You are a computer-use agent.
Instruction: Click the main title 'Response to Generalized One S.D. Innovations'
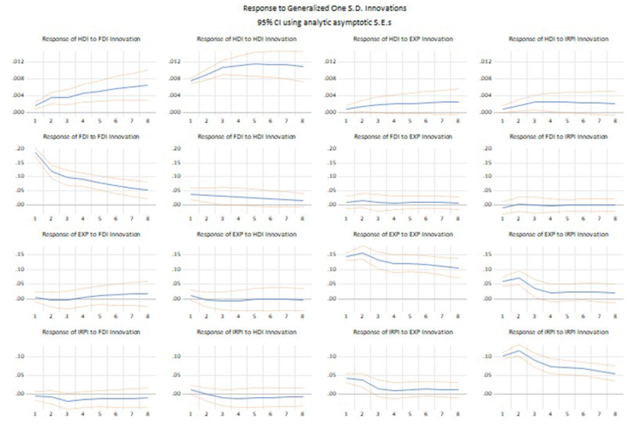click(x=325, y=8)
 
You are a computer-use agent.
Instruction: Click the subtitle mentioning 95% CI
click(x=325, y=22)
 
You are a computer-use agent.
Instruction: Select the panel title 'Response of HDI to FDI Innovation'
click(x=91, y=39)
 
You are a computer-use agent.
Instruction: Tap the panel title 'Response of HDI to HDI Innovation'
click(x=247, y=39)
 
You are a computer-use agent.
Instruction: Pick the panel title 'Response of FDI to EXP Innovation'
click(x=403, y=136)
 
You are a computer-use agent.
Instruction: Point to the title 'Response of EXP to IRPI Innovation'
click(x=559, y=234)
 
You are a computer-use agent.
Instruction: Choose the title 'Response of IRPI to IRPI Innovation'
click(x=559, y=332)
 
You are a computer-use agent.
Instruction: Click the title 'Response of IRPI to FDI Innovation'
click(x=91, y=332)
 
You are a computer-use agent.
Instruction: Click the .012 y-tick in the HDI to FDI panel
click(x=19, y=62)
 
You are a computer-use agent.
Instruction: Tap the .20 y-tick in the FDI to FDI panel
click(x=20, y=148)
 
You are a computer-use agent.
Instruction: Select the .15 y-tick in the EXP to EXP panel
click(x=331, y=254)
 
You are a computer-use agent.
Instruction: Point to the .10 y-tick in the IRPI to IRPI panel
click(x=487, y=356)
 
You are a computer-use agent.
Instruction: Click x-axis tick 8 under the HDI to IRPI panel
click(x=615, y=121)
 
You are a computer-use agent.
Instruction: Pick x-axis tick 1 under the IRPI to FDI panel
click(x=35, y=414)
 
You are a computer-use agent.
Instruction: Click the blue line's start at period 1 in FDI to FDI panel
click(x=35, y=153)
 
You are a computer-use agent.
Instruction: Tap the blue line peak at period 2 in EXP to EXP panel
click(x=362, y=253)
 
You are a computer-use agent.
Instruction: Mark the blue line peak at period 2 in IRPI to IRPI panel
click(x=518, y=350)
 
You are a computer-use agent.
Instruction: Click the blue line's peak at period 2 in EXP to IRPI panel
click(x=518, y=278)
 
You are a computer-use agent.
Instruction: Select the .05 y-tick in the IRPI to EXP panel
click(x=331, y=375)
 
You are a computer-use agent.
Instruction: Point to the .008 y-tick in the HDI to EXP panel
click(x=331, y=78)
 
